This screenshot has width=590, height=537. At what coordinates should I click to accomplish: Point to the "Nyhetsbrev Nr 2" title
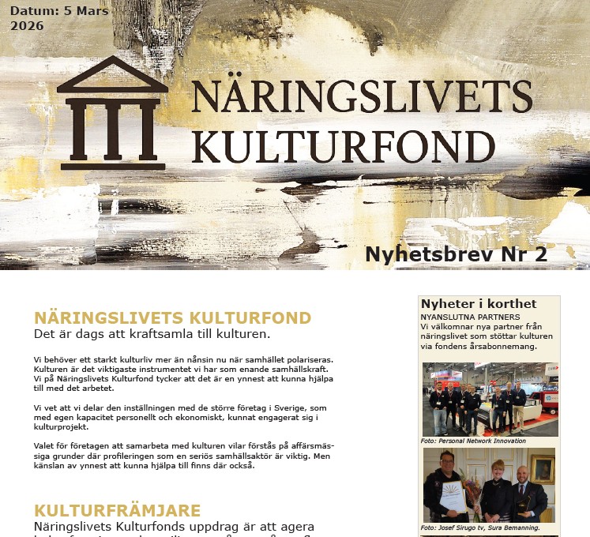(456, 254)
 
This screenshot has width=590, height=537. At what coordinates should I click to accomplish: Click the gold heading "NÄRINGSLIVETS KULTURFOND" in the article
(172, 318)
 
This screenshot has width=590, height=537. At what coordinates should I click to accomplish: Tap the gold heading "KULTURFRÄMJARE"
(117, 510)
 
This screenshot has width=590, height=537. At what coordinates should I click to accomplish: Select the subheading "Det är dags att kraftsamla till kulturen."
(152, 334)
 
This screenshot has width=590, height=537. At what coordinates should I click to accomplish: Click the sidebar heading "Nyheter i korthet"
(479, 304)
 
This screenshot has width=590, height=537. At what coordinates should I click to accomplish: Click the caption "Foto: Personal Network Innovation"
(474, 441)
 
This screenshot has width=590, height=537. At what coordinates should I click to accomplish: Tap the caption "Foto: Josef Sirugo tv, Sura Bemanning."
(479, 527)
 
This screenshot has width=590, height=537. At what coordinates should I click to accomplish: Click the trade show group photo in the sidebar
(490, 399)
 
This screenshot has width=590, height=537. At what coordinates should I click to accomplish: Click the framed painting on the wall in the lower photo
(541, 468)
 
